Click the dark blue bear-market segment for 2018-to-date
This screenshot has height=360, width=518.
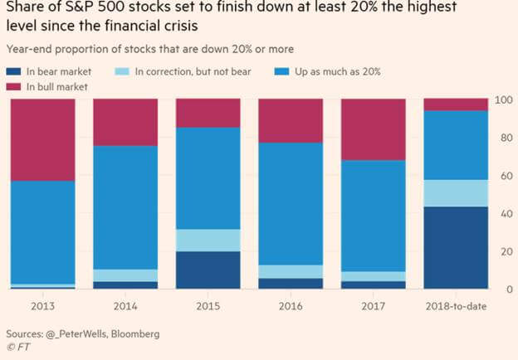coord(457,247)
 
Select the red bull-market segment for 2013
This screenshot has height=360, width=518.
coord(42,139)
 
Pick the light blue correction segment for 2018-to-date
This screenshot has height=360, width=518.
coord(457,192)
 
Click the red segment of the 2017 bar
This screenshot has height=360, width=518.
coord(374,129)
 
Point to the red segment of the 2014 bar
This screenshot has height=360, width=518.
coord(125,122)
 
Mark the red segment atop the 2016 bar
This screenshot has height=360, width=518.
coord(291,120)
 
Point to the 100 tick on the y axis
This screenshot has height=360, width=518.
coord(502,100)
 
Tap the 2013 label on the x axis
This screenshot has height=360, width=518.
coord(42,306)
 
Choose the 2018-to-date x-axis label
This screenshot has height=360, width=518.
coord(457,306)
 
